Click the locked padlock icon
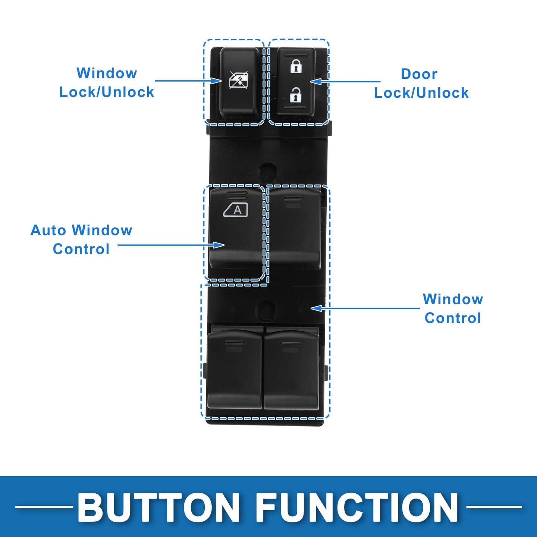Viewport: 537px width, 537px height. tap(296, 66)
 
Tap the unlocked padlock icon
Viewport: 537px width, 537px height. tap(296, 94)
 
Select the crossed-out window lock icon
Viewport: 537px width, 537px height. tap(238, 80)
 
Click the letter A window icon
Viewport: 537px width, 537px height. tap(235, 210)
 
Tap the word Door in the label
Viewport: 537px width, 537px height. tap(419, 74)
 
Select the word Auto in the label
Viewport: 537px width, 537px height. tap(48, 230)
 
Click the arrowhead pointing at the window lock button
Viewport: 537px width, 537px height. tap(216, 81)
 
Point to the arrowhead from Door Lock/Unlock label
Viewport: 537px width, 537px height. tap(315, 81)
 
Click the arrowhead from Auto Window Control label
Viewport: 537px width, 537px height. tap(219, 245)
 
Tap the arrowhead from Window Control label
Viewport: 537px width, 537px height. tap(316, 308)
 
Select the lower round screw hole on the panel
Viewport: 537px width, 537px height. tap(267, 310)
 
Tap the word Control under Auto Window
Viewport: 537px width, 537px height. tap(81, 249)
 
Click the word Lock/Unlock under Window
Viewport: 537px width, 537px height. tap(107, 92)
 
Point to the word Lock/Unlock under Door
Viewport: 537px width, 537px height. tap(421, 93)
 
